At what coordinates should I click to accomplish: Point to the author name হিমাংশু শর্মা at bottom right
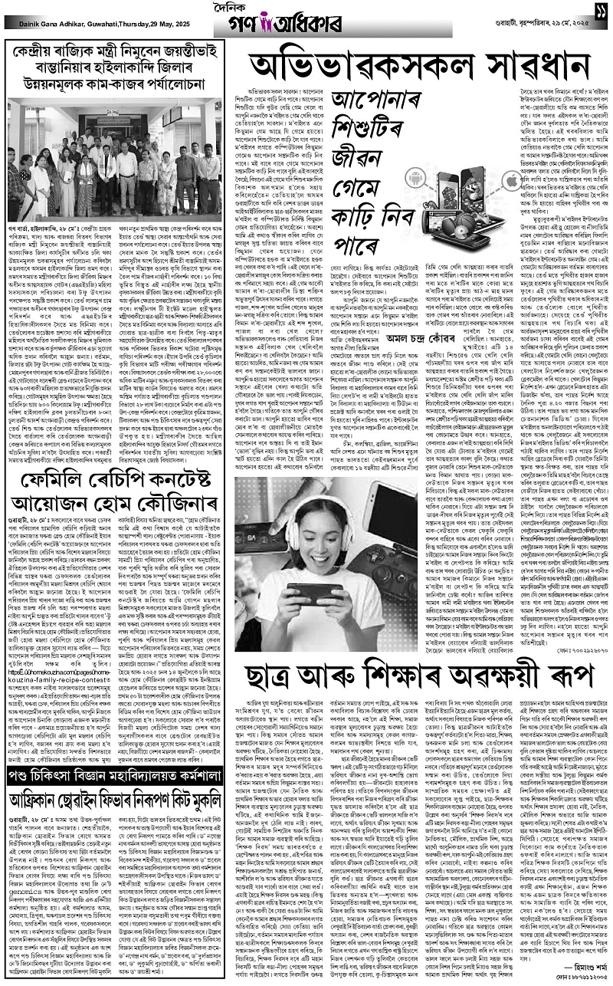(566, 970)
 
